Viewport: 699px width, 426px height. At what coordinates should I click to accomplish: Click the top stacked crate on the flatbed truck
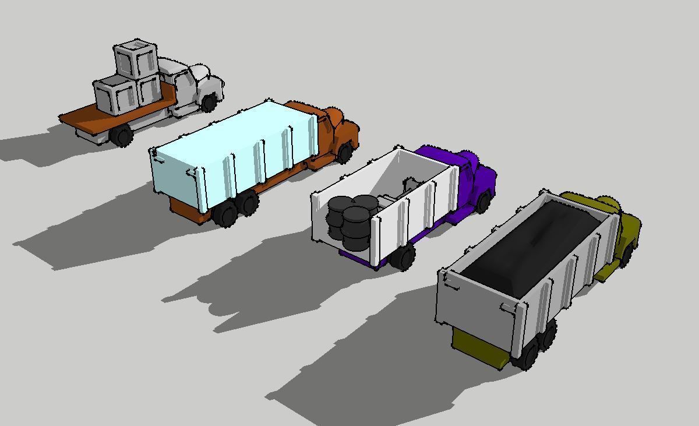[x=136, y=59]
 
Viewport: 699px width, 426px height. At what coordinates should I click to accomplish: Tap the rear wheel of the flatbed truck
[x=122, y=135]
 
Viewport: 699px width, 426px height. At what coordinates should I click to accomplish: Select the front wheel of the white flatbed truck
[x=209, y=103]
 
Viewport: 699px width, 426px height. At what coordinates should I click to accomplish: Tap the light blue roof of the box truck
[x=233, y=131]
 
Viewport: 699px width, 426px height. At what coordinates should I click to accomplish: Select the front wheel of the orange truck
[x=345, y=153]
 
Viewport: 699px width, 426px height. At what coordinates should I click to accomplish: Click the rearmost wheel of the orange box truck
[x=225, y=214]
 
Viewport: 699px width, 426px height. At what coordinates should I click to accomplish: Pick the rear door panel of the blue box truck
[x=175, y=181]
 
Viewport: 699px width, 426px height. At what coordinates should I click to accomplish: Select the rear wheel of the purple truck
[x=403, y=256]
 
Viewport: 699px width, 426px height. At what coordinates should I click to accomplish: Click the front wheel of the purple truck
[x=483, y=202]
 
